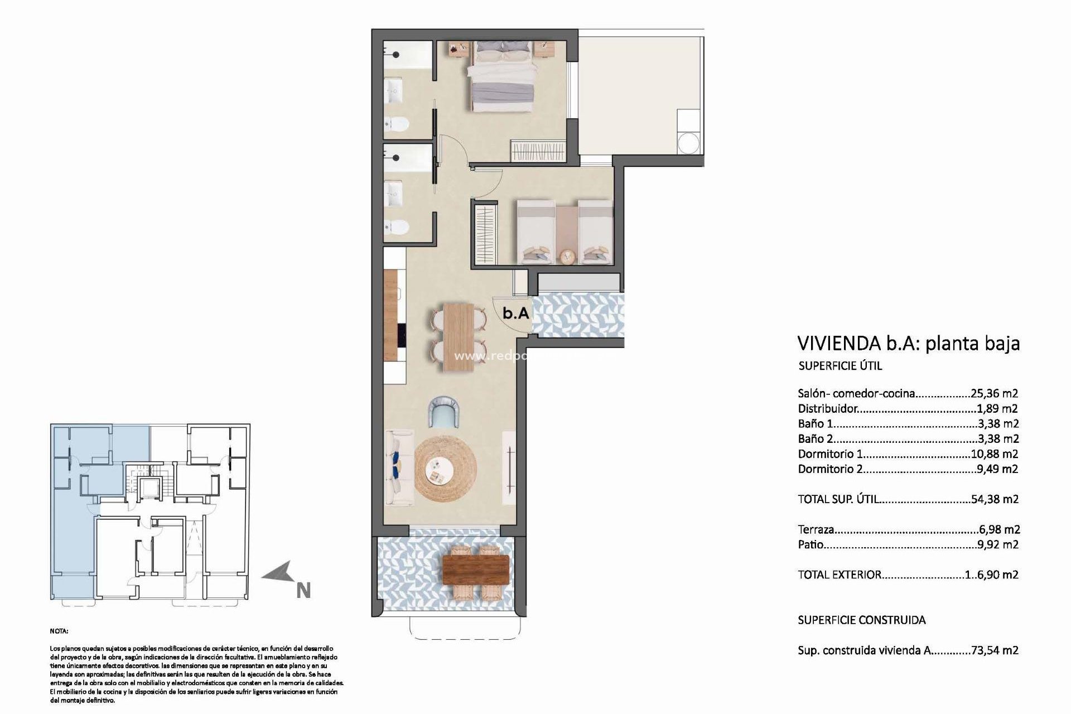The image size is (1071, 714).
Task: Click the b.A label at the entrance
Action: point(515,313)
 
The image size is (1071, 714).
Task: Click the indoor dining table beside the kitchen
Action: point(458,336)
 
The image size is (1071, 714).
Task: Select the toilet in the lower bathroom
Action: point(398,226)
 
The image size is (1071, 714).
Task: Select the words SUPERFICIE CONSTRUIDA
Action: point(862,620)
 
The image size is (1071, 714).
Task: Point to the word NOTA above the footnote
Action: point(58,631)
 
